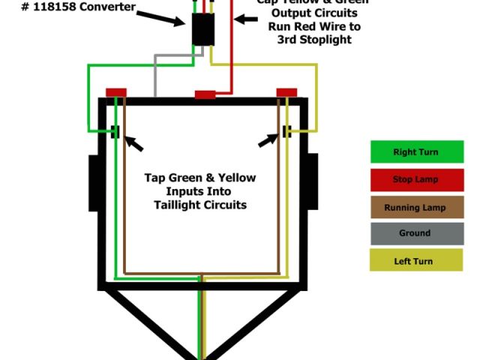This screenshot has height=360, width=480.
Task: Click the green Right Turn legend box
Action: click(416, 152)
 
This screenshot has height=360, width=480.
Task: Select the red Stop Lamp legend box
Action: click(416, 180)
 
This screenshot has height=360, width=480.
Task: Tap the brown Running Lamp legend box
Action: click(416, 208)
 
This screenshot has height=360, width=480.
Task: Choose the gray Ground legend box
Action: click(416, 233)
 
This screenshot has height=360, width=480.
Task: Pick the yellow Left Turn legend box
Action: click(416, 261)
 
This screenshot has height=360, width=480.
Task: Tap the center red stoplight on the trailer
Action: click(205, 94)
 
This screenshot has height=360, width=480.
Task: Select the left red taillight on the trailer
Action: click(116, 92)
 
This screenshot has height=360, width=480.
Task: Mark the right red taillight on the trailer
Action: click(287, 92)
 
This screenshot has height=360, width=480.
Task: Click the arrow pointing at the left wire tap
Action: click(133, 142)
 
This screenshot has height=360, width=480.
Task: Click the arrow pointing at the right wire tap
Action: click(268, 140)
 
